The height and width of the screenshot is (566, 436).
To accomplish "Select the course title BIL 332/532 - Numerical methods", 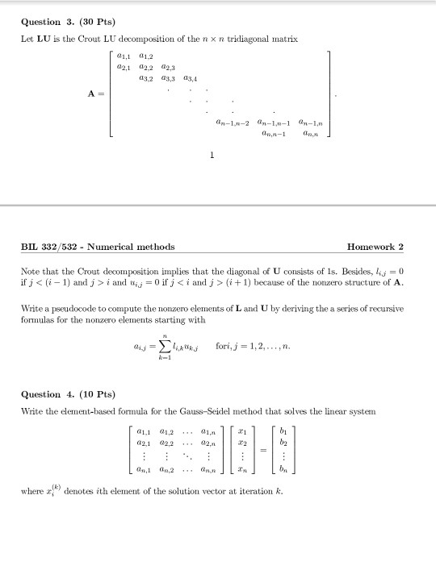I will [x=98, y=247].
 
